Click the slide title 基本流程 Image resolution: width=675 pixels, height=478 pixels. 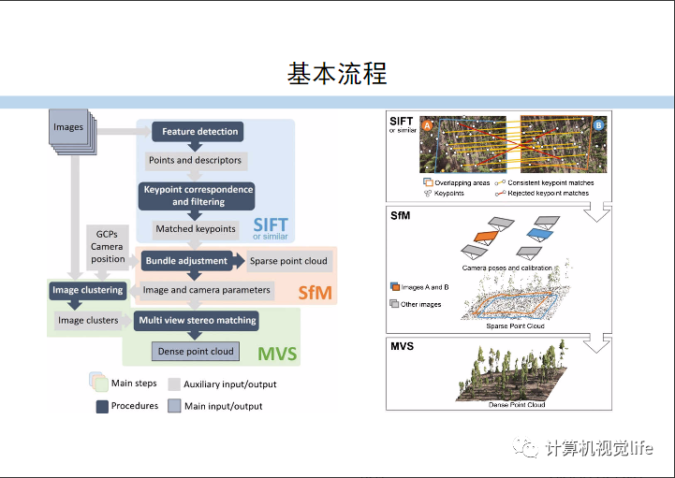point(337,73)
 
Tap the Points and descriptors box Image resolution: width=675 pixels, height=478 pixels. point(195,160)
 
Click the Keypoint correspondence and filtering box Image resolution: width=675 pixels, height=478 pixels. point(198,196)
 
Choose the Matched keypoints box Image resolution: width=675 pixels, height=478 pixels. point(195,228)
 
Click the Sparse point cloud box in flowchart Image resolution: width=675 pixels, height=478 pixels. point(289,260)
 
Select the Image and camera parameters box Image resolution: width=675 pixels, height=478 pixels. point(206,290)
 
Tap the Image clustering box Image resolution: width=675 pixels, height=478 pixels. point(87,290)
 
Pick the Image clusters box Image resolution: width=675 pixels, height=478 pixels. point(88,320)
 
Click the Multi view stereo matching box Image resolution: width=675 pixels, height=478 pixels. point(197,320)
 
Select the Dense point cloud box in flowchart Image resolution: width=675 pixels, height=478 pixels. point(196,352)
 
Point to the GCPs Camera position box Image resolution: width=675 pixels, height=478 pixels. point(108,245)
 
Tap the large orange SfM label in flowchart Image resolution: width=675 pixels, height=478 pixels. point(315,293)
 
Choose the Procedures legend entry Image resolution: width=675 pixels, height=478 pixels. point(125,406)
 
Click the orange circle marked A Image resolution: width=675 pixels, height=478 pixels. point(426,124)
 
